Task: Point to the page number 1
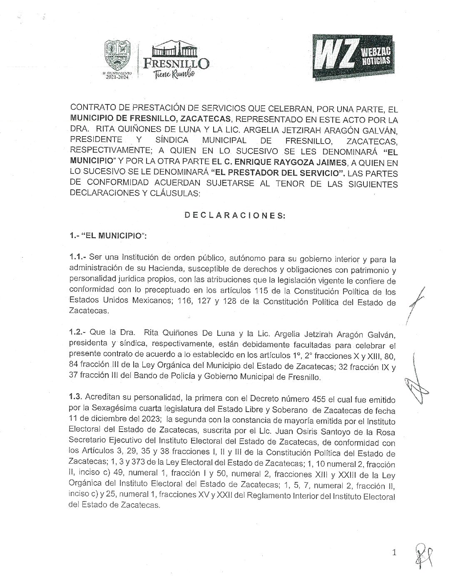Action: (394, 553)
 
